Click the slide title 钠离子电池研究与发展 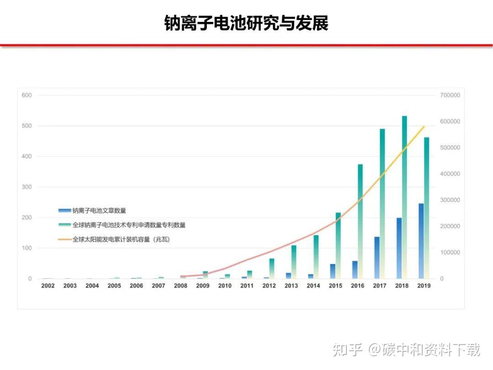point(246,23)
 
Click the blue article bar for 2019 point(421,241)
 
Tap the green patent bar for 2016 point(360,222)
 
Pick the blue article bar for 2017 point(377,258)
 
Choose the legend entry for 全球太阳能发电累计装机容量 point(121,239)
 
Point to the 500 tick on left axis point(26,126)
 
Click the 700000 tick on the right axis point(450,95)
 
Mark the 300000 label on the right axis point(450,200)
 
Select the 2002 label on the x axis point(48,286)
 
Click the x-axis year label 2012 point(269,286)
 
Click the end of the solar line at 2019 point(424,127)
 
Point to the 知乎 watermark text point(348,350)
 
